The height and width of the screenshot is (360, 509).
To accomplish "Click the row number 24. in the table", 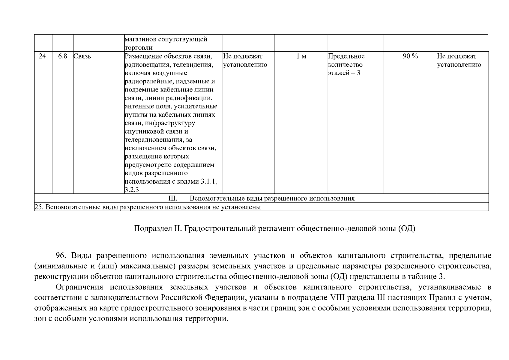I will [x=43, y=56].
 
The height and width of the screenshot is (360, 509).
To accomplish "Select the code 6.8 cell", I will [x=62, y=56].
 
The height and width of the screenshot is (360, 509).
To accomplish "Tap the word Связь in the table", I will [x=82, y=56].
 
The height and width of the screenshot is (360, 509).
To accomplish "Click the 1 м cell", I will [x=301, y=56].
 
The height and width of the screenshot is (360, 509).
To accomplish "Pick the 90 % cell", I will [x=410, y=56].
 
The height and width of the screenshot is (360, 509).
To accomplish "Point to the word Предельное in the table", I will [x=346, y=56].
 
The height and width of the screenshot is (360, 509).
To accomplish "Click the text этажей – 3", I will [x=344, y=73].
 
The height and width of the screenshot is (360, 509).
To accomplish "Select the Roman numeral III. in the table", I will [x=173, y=198].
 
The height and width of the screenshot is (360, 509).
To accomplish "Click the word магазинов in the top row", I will [x=140, y=39].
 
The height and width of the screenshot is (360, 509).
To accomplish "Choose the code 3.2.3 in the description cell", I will [x=132, y=190].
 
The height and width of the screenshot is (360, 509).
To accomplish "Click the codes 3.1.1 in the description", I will [x=209, y=181].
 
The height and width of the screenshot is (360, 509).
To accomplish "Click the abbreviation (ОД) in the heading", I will [x=407, y=229].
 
